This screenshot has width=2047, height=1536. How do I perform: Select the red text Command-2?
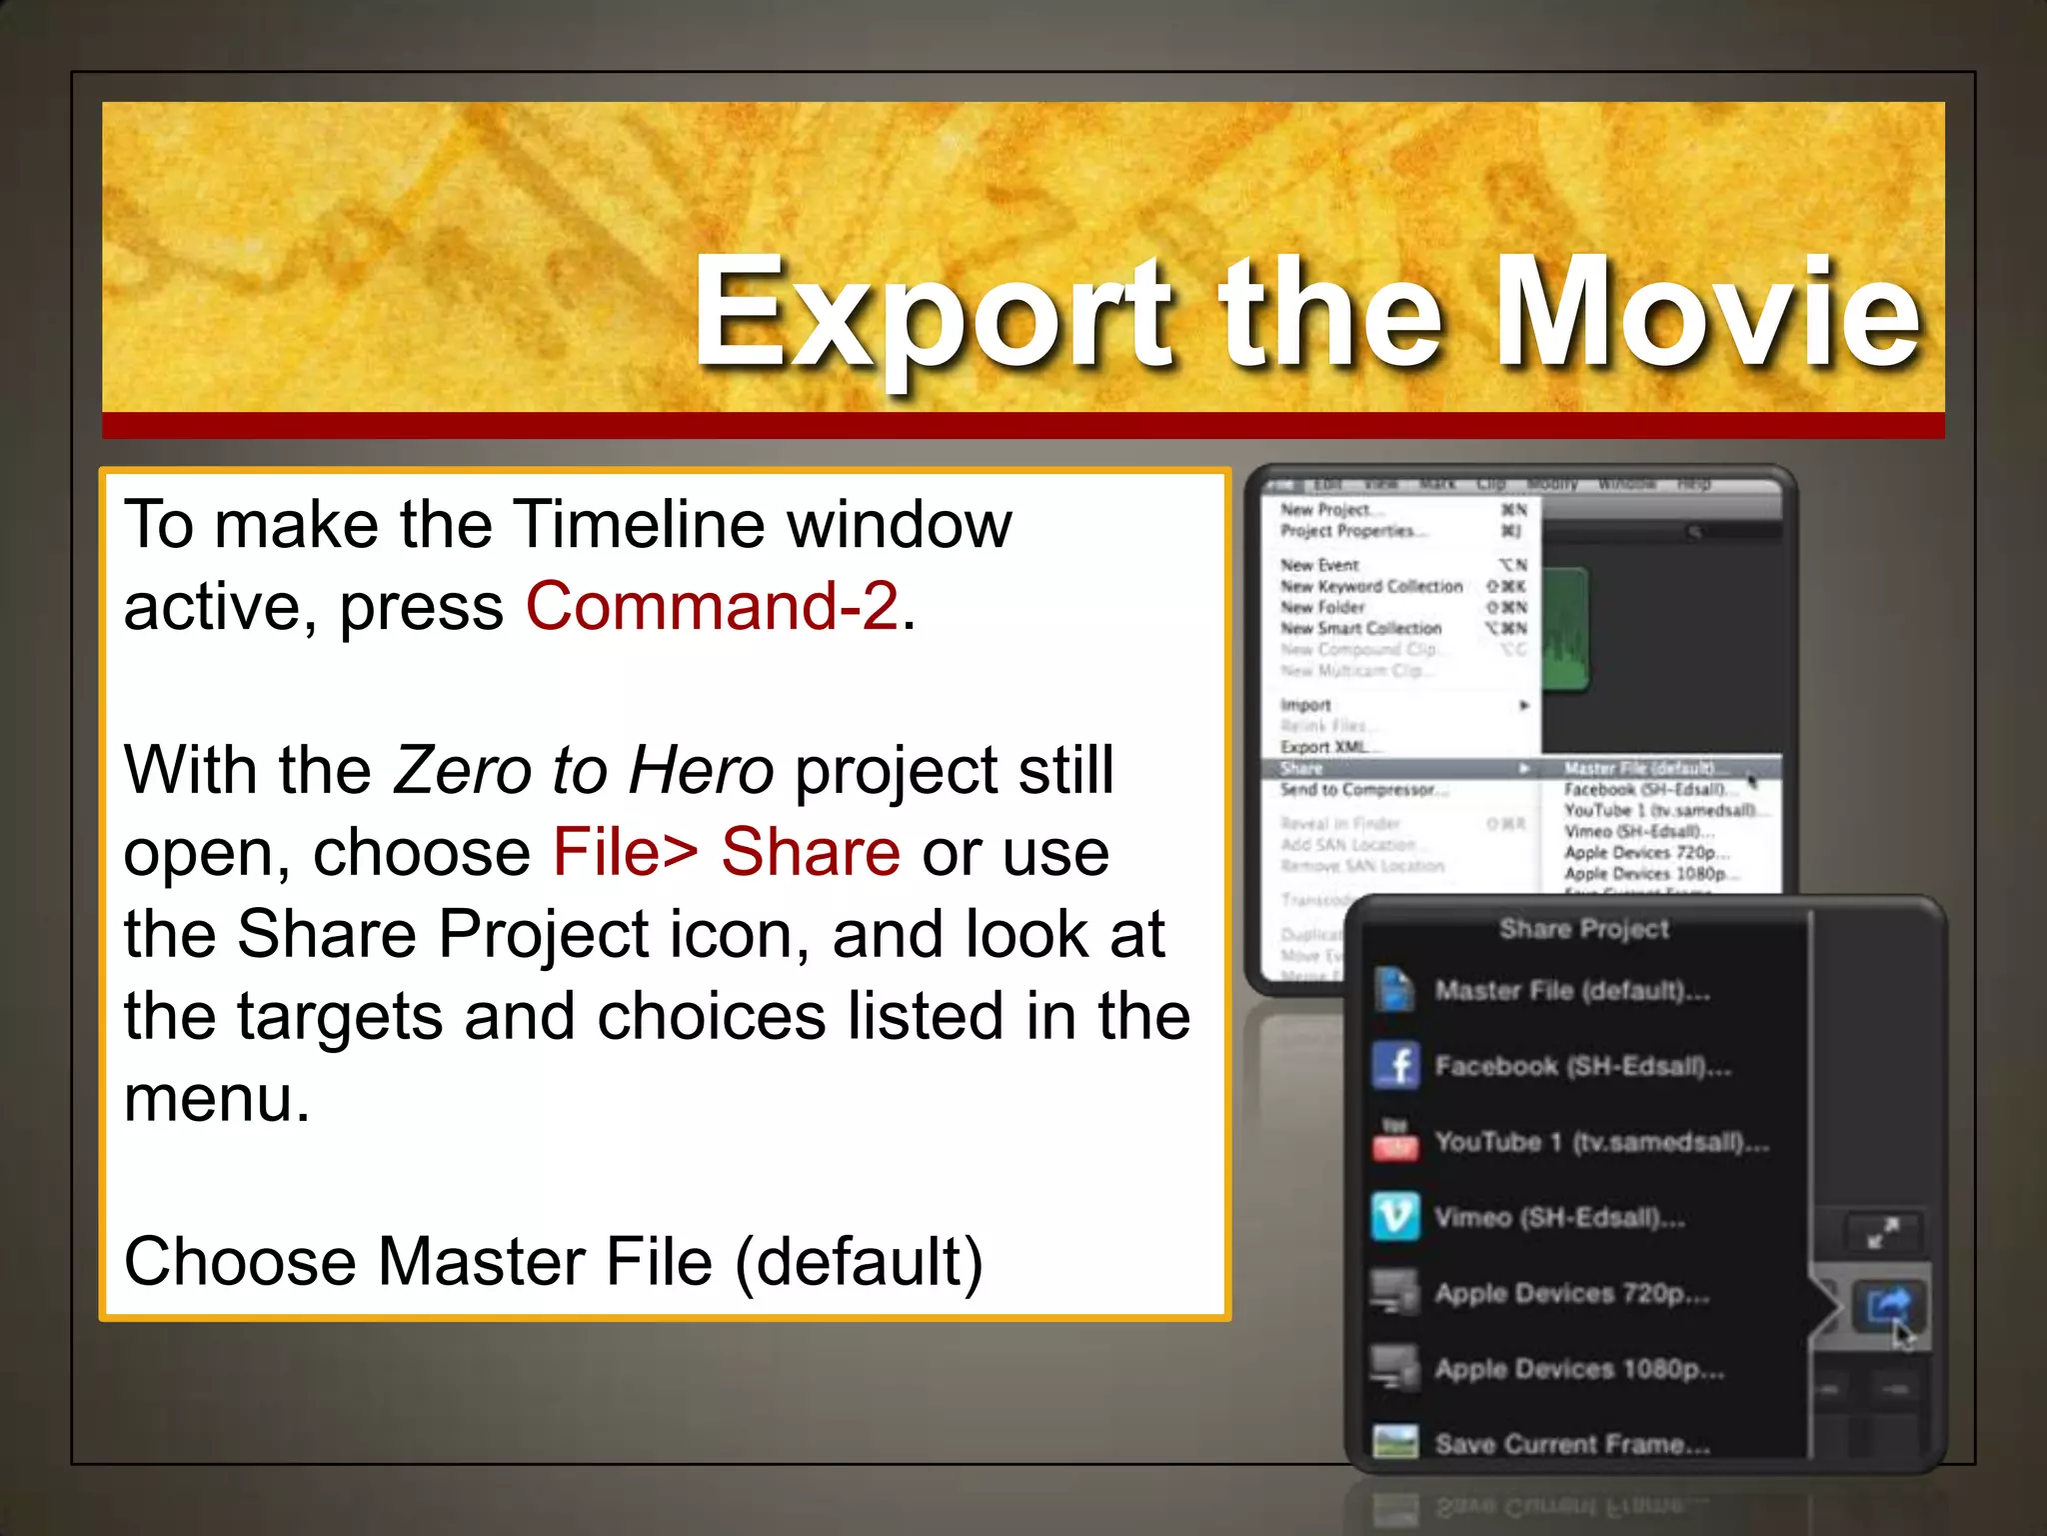point(712,606)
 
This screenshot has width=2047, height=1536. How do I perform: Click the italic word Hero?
point(701,770)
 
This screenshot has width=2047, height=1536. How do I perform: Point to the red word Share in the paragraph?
point(811,852)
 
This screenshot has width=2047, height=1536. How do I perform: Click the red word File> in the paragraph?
point(625,852)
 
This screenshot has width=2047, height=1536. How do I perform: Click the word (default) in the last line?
point(859,1262)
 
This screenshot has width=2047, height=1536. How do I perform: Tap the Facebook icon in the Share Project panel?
point(1395,1065)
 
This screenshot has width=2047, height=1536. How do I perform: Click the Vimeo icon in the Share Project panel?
point(1395,1216)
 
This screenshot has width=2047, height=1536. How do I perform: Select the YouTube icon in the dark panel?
point(1395,1142)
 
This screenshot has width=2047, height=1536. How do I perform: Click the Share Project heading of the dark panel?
point(1584,929)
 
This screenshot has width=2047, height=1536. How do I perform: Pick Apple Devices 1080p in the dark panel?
point(1579,1368)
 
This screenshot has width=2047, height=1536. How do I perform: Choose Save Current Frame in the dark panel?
point(1572,1443)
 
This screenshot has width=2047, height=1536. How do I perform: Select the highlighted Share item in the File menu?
point(1302,768)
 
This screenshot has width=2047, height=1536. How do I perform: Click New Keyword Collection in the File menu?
point(1371,586)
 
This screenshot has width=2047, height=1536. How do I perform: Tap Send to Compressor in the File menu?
point(1358,790)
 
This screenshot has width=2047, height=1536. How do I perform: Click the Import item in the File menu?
point(1305,705)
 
